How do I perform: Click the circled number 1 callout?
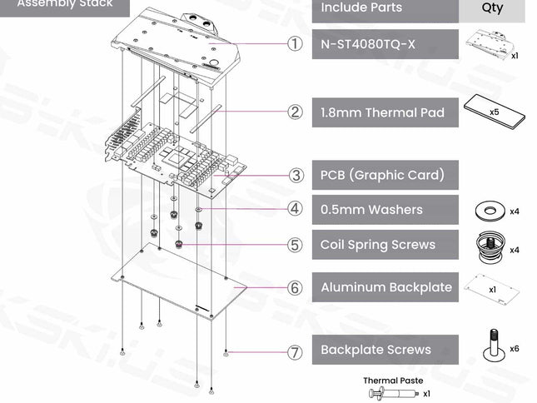(295, 43)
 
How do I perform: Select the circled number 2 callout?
(295, 112)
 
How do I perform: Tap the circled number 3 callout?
(295, 175)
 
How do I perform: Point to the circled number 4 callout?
(295, 209)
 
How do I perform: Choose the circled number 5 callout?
(295, 245)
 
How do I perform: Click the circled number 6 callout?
(295, 287)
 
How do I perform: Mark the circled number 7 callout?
(295, 351)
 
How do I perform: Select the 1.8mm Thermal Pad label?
(382, 112)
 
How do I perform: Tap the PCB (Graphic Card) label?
(382, 175)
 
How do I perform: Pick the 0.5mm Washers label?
(371, 210)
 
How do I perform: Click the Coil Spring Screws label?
(378, 245)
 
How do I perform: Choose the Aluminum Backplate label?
(386, 287)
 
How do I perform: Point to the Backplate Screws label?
(375, 350)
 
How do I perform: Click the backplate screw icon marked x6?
(493, 344)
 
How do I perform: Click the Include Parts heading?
(361, 7)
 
